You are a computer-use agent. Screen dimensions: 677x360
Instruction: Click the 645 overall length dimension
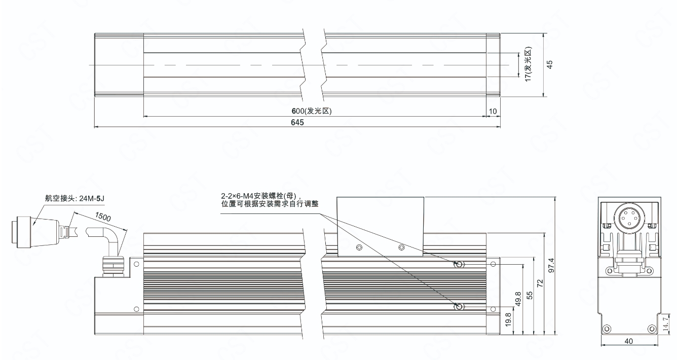pyautogui.click(x=297, y=123)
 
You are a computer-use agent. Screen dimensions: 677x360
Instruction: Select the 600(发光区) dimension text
pyautogui.click(x=312, y=111)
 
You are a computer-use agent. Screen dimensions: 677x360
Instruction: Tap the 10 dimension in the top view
pyautogui.click(x=493, y=112)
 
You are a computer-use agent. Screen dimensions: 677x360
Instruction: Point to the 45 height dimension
pyautogui.click(x=550, y=64)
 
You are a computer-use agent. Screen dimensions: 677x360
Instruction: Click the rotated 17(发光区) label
pyautogui.click(x=528, y=64)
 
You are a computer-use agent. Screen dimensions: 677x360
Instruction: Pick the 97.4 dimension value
pyautogui.click(x=551, y=265)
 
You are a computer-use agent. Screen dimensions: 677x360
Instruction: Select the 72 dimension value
pyautogui.click(x=540, y=283)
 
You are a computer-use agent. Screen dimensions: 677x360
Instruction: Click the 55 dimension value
pyautogui.click(x=529, y=295)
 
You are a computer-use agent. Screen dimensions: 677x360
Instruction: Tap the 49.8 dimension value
pyautogui.click(x=518, y=299)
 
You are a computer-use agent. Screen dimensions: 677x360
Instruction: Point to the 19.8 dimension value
pyautogui.click(x=508, y=320)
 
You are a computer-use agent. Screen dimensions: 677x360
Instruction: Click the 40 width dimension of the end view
pyautogui.click(x=629, y=341)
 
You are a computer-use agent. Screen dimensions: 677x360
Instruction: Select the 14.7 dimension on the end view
pyautogui.click(x=666, y=323)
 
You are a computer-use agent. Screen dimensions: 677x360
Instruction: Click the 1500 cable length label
pyautogui.click(x=103, y=217)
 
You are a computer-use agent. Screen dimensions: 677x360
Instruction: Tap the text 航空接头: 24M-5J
pyautogui.click(x=74, y=198)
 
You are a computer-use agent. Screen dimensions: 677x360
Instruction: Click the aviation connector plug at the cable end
pyautogui.click(x=35, y=232)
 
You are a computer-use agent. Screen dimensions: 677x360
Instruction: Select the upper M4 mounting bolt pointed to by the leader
pyautogui.click(x=459, y=264)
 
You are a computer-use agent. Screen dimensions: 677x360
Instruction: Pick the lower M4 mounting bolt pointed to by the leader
pyautogui.click(x=459, y=307)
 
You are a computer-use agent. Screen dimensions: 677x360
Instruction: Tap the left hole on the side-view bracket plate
pyautogui.click(x=359, y=248)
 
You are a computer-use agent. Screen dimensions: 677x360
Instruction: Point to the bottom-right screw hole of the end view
pyautogui.click(x=652, y=329)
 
